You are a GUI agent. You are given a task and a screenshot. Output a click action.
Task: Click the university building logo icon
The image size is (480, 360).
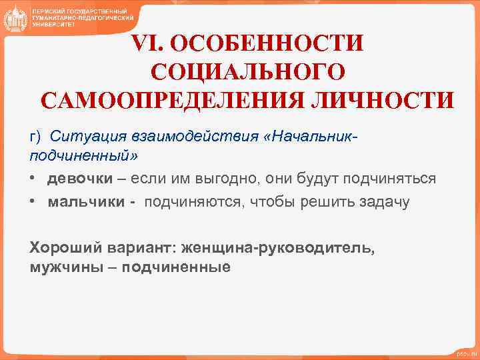(x=15, y=18)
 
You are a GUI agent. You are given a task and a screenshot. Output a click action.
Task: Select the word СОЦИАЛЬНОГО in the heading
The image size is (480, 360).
(x=248, y=72)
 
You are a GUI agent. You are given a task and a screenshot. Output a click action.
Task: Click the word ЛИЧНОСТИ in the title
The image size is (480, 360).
(x=386, y=100)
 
